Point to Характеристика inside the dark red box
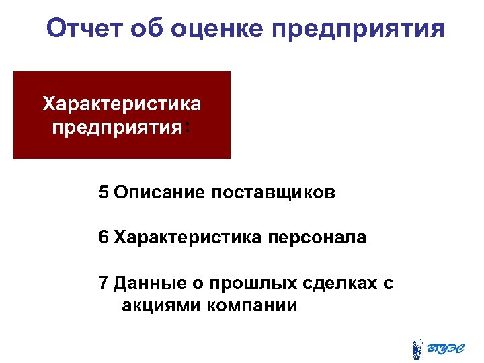(122, 104)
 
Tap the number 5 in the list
(103, 193)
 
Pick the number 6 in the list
(103, 238)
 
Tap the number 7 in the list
(103, 283)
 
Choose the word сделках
(338, 283)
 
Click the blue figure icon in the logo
(417, 347)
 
